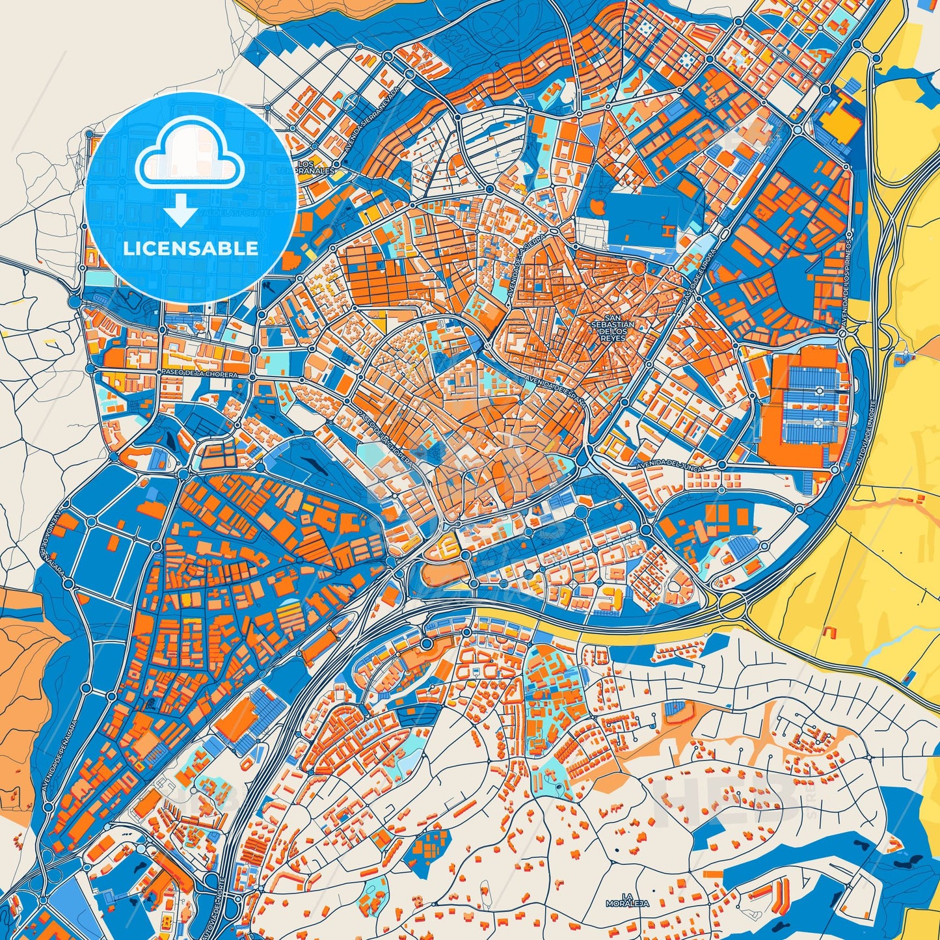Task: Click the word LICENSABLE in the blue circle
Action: click(191, 248)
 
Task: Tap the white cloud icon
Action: click(189, 156)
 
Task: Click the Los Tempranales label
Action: click(315, 167)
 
